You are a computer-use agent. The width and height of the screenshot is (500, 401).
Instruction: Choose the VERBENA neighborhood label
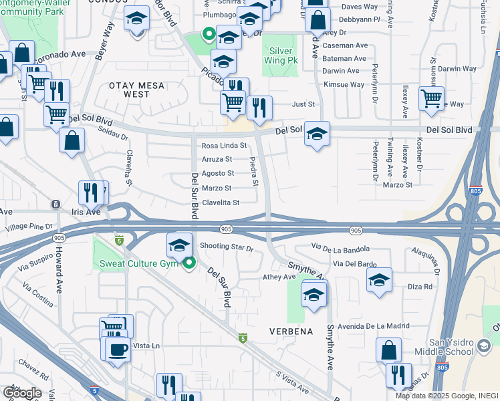[x=291, y=331]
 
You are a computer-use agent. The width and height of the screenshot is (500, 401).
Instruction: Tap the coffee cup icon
[x=118, y=350]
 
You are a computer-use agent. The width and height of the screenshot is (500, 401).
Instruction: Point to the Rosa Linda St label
[x=225, y=145]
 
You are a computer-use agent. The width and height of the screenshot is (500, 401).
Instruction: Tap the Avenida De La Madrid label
[x=373, y=325]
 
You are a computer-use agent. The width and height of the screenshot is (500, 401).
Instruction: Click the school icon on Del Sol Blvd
[x=318, y=134]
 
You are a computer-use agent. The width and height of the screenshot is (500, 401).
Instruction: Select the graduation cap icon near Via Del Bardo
[x=379, y=281]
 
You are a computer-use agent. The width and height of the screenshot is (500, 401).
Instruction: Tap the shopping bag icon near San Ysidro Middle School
[x=388, y=350]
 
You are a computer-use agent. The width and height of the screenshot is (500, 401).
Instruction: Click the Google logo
[x=22, y=393]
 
